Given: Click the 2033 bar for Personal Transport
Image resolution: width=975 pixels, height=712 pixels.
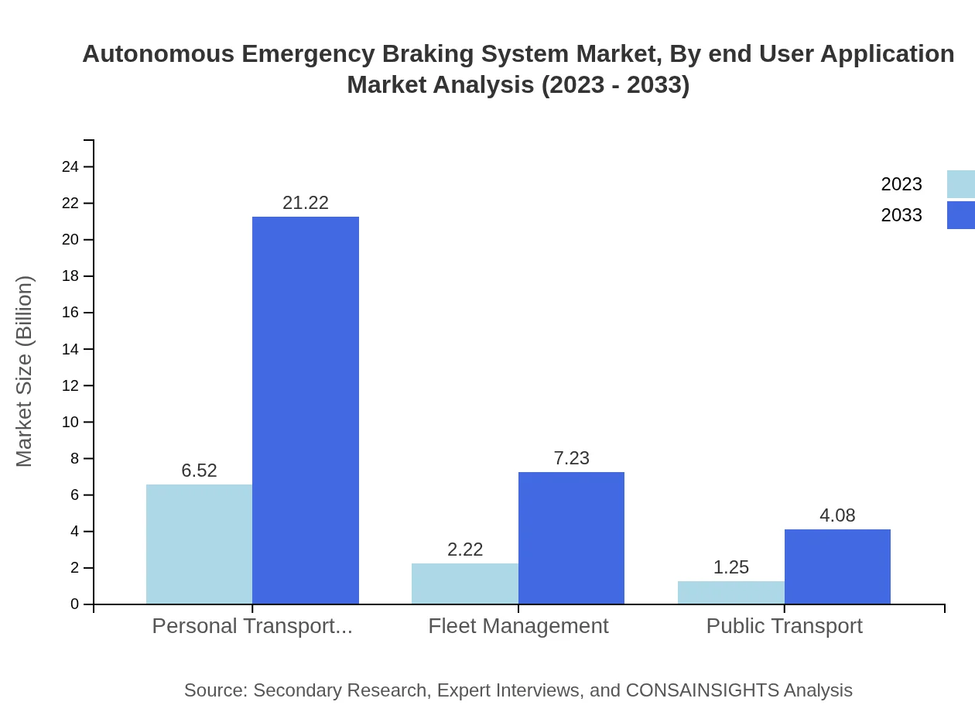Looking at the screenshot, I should [306, 410].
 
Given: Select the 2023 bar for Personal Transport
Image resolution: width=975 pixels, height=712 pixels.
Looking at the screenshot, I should [199, 544].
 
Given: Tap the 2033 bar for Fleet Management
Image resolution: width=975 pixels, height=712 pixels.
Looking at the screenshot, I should [571, 538].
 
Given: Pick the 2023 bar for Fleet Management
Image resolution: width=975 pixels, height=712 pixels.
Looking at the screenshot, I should [464, 584].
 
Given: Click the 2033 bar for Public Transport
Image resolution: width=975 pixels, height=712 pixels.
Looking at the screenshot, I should [837, 567].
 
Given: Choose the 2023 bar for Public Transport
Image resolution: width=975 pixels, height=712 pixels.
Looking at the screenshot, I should [730, 592].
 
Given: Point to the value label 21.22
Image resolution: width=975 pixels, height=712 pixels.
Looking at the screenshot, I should [306, 203].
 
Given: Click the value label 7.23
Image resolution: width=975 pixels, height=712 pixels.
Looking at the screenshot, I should [571, 458].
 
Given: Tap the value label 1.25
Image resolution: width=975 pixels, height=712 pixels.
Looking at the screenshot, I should [730, 567].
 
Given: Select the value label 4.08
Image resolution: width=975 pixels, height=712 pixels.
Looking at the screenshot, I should [837, 515].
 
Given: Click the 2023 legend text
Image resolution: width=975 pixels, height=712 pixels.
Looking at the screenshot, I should [901, 184].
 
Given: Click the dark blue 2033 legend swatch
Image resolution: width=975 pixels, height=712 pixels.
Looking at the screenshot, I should [960, 215].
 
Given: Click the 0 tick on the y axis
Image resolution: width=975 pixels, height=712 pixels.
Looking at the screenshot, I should [75, 604].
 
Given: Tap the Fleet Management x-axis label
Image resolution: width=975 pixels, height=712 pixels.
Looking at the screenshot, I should [518, 626].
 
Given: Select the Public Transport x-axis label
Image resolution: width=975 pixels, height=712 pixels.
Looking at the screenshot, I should [784, 626].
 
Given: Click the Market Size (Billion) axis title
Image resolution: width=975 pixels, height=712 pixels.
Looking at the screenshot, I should [25, 371].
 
